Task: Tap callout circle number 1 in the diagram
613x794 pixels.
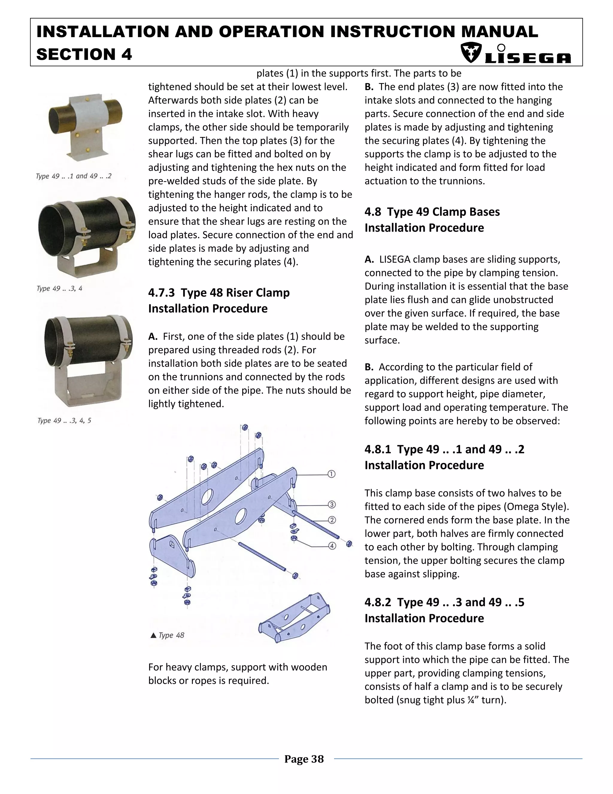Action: coord(331,474)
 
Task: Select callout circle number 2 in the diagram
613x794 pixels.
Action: coord(332,520)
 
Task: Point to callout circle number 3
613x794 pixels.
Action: coord(332,505)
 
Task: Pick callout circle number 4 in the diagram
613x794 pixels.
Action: coord(332,546)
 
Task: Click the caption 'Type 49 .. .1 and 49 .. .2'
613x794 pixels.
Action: coord(73,176)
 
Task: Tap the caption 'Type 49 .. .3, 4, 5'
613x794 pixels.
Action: coord(64,421)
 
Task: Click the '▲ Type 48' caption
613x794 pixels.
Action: coord(167,635)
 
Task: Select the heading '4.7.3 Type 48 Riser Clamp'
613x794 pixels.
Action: coord(219,292)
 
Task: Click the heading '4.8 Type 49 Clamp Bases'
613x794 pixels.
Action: coord(432,212)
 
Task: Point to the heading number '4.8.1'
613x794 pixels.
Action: coord(378,449)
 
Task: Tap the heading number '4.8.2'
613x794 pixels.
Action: coord(378,603)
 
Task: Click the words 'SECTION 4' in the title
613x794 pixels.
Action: coord(84,55)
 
